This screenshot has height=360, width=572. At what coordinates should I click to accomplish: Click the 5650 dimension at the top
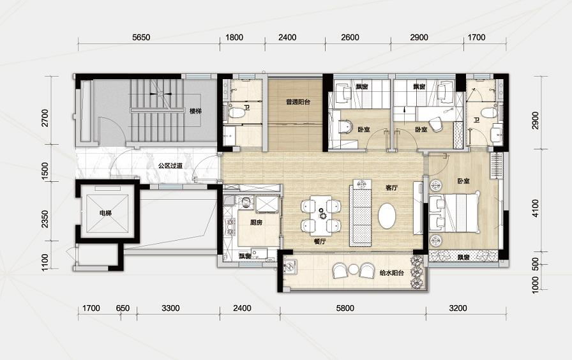pos(141,37)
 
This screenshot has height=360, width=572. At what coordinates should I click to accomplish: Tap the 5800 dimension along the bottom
pos(345,308)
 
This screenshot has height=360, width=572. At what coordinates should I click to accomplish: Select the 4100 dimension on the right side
pos(535,208)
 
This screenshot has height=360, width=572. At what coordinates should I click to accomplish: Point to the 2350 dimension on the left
pos(45,219)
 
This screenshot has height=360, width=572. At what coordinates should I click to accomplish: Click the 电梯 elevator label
pos(105,213)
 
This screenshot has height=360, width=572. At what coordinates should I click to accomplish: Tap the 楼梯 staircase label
pos(195,111)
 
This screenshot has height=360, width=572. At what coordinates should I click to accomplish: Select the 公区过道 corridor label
pos(170,166)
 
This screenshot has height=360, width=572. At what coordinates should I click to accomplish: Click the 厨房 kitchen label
pos(256,223)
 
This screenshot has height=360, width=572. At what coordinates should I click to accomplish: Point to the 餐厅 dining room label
pos(320,241)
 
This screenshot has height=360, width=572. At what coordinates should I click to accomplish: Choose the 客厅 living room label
pos(391,188)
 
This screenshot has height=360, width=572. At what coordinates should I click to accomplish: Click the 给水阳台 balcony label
pos(391,273)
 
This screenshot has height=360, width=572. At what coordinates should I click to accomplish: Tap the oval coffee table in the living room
pos(387,216)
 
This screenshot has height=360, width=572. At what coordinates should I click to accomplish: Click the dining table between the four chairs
pos(321,216)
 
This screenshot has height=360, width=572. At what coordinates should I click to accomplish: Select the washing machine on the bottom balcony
pos(290,267)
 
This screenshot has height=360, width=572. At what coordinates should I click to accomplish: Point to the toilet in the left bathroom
pos(236,112)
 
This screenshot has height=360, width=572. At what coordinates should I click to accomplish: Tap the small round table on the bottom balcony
pos(353,269)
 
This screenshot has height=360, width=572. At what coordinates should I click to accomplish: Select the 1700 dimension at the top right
pos(476,37)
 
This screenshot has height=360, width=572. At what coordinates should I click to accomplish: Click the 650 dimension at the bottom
pos(123,308)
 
